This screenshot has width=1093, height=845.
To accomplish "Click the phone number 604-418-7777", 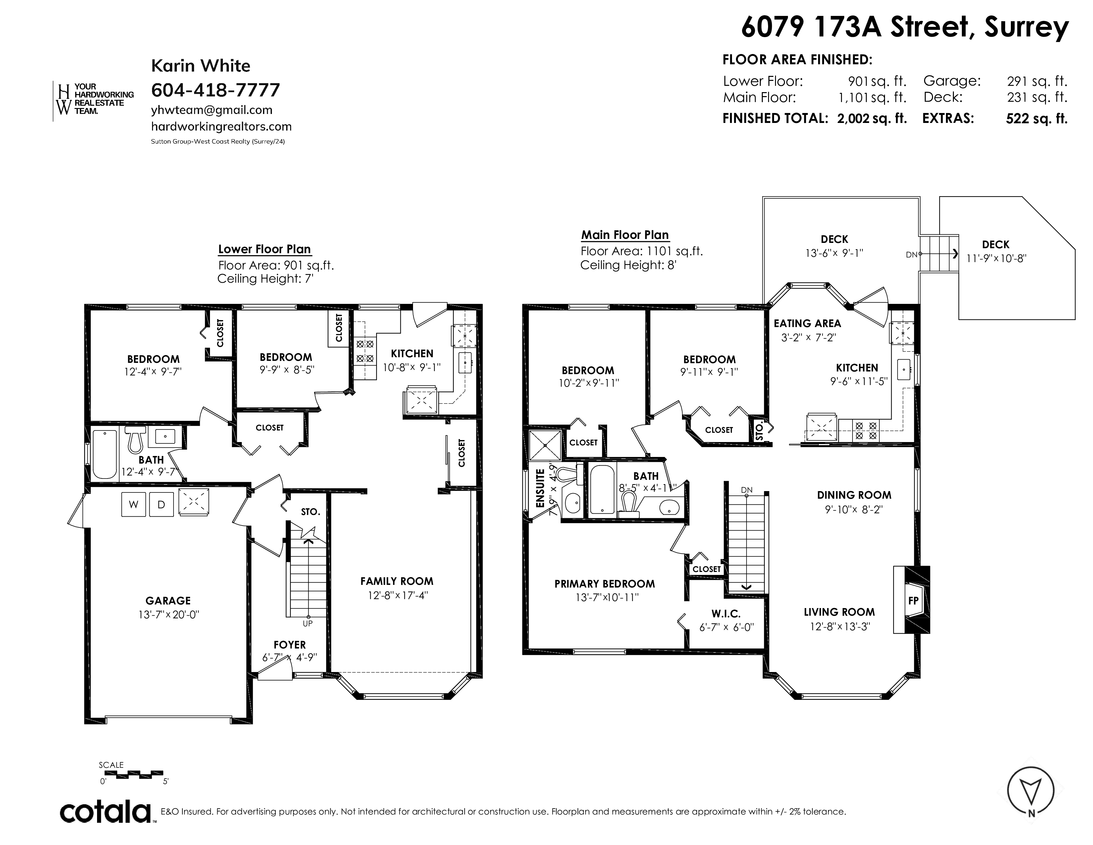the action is [x=215, y=90].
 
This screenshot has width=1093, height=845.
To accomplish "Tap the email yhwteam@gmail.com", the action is [x=212, y=110].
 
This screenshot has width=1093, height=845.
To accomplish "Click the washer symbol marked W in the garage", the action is [x=133, y=505].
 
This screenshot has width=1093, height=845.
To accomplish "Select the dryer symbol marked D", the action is [x=161, y=505].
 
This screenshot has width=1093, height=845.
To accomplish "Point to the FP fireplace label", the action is [x=913, y=600].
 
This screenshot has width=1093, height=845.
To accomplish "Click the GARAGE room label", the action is [x=168, y=601].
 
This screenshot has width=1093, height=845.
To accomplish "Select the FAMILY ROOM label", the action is [x=397, y=581].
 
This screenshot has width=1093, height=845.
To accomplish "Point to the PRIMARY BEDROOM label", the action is [x=604, y=584].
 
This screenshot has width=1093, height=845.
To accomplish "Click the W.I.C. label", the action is [x=726, y=614].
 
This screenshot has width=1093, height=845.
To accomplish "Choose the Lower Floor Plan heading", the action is [x=264, y=249].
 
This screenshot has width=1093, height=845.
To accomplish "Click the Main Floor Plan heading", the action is [x=625, y=235].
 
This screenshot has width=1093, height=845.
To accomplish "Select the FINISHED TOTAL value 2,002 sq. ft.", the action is [x=872, y=119].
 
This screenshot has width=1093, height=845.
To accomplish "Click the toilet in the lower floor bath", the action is [x=135, y=439].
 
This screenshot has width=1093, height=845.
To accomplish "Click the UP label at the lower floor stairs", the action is [x=307, y=623].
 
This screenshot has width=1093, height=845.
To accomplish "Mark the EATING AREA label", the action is [x=807, y=323].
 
